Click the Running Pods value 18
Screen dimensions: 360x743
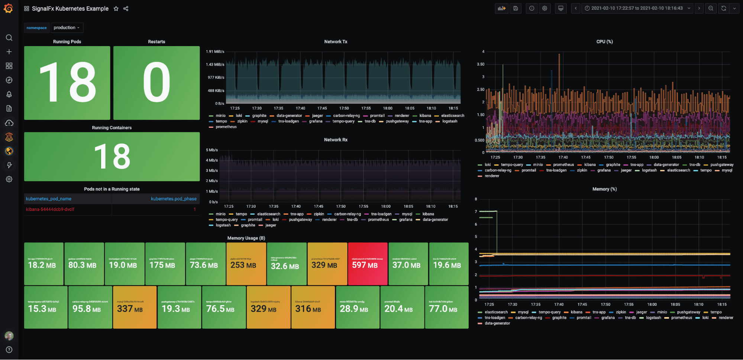[67, 82]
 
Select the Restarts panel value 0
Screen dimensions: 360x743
[156, 82]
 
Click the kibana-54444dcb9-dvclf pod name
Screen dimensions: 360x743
[50, 210]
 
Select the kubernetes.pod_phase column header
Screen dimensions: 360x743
[174, 199]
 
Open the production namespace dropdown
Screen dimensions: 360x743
[67, 27]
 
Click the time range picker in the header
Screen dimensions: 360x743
[637, 8]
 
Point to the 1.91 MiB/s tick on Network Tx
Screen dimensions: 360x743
[215, 52]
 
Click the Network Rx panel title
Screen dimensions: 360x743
[335, 140]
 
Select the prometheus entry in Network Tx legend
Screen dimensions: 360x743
[226, 127]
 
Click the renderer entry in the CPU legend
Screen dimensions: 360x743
[491, 176]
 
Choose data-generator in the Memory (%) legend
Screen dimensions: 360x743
[497, 324]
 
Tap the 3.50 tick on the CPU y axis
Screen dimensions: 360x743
[481, 64]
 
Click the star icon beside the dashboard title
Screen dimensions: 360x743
[116, 9]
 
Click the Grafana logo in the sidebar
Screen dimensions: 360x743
[9, 8]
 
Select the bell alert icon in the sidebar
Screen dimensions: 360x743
[9, 94]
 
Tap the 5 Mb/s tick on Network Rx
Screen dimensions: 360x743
[212, 150]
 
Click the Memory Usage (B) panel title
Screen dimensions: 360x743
[246, 238]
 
